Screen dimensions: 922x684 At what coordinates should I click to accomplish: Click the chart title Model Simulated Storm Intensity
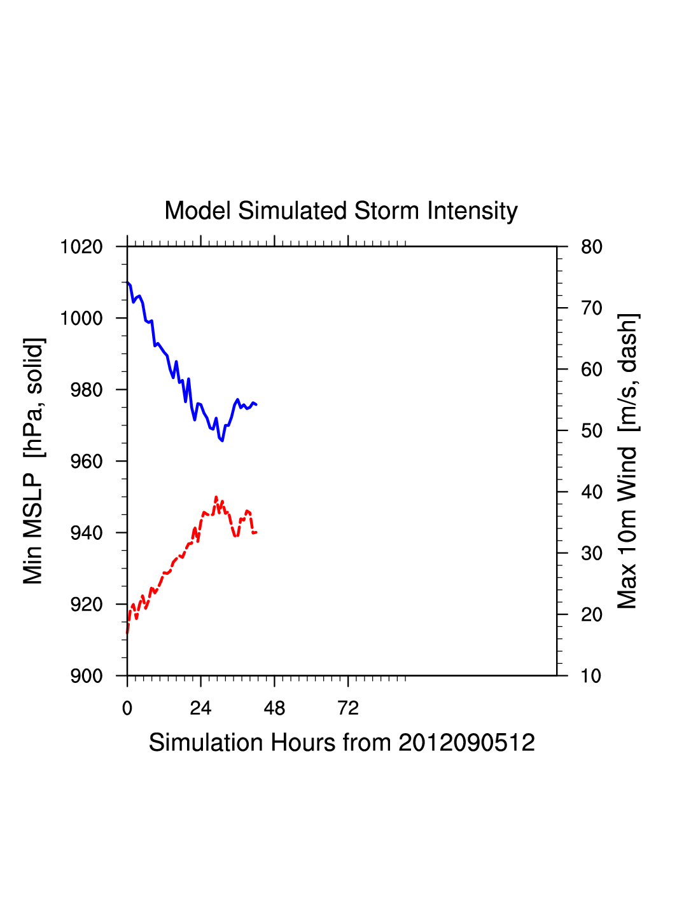[x=341, y=210]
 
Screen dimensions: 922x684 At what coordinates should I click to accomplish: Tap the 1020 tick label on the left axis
[x=81, y=247]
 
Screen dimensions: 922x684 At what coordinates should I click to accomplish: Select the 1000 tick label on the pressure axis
[x=81, y=318]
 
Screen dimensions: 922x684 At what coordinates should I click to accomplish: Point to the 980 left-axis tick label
[x=86, y=390]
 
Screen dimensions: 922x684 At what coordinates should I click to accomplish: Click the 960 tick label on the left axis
[x=86, y=462]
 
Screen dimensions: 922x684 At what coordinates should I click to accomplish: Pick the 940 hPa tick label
[x=86, y=533]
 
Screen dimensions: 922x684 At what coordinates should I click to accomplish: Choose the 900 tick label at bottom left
[x=86, y=676]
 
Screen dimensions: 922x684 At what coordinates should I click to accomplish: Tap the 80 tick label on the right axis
[x=591, y=247]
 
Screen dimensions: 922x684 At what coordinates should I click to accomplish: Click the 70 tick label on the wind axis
[x=591, y=308]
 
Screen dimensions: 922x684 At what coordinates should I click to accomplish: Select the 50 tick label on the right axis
[x=591, y=431]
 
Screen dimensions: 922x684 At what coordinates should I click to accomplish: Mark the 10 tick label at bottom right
[x=591, y=676]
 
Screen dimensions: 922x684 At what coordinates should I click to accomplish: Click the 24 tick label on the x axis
[x=200, y=708]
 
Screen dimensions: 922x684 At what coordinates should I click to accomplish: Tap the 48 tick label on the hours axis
[x=274, y=708]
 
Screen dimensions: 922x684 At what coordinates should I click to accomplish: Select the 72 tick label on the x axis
[x=348, y=708]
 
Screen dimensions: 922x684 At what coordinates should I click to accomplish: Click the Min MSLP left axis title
[x=33, y=461]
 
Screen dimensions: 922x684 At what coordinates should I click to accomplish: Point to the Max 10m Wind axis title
[x=627, y=461]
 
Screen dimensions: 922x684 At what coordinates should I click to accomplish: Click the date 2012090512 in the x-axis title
[x=466, y=743]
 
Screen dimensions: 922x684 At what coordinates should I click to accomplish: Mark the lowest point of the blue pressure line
[x=222, y=440]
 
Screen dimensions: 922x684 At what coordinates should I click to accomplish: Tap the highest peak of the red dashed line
[x=216, y=497]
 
